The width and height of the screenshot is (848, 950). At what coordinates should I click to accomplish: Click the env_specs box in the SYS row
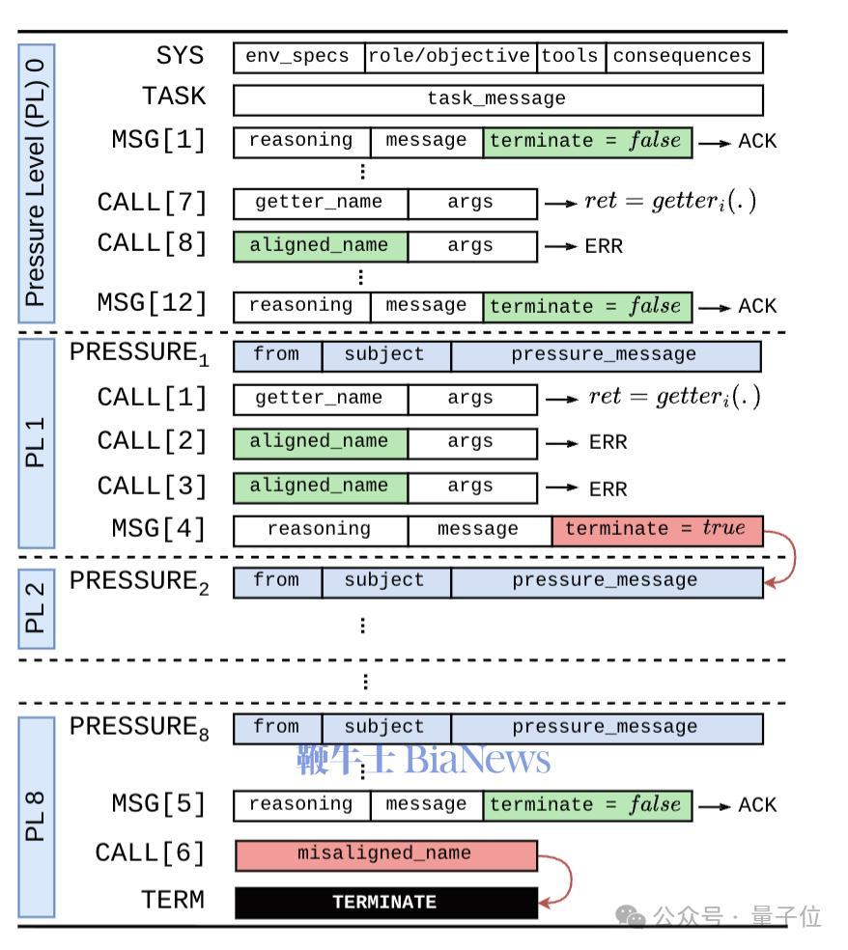[298, 57]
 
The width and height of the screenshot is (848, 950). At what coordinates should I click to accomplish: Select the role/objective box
[451, 57]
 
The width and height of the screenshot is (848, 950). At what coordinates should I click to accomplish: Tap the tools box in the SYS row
[571, 57]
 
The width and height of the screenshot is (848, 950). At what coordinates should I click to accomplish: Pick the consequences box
[684, 57]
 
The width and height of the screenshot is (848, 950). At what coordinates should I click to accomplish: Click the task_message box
[497, 99]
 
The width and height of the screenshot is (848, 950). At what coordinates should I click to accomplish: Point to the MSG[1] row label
[159, 140]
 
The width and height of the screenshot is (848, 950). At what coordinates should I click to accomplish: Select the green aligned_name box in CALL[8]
[320, 246]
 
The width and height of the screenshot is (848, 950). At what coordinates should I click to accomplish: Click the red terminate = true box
[657, 530]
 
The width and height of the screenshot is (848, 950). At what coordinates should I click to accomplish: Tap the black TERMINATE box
[385, 903]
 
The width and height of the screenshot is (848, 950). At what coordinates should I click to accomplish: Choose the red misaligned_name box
[385, 854]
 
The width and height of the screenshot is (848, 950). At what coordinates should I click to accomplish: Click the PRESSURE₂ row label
[139, 582]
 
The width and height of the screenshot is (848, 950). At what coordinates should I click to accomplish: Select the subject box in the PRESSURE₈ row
[385, 728]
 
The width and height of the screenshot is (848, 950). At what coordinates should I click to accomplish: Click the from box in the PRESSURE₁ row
[277, 355]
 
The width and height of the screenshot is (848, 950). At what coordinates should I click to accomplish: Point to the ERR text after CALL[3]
[608, 489]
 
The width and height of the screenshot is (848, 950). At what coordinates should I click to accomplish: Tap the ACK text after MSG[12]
[757, 306]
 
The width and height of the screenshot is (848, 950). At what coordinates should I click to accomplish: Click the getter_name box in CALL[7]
[320, 204]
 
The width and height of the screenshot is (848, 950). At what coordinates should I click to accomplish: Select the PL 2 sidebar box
[36, 607]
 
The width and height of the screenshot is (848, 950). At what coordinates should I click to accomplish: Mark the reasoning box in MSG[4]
[320, 530]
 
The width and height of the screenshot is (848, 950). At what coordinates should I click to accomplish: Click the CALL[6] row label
[150, 853]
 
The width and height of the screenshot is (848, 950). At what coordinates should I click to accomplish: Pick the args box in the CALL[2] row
[471, 443]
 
